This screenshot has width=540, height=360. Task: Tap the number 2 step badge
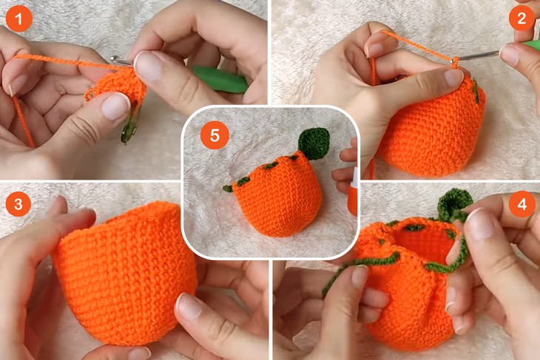522,18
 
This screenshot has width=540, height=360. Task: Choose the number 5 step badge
215,136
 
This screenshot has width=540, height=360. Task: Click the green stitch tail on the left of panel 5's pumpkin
229,189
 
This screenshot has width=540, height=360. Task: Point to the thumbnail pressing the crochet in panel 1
115,107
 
